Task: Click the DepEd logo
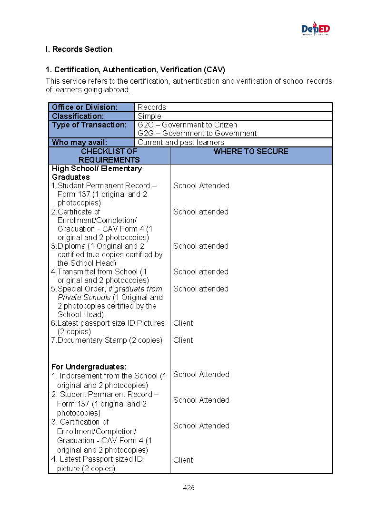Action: click(316, 29)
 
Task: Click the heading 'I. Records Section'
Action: click(79, 49)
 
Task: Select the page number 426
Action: click(189, 488)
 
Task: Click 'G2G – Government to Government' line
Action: click(197, 134)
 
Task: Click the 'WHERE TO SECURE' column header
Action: click(251, 152)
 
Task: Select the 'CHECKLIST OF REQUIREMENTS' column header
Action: click(109, 155)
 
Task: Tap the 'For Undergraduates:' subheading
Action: click(89, 367)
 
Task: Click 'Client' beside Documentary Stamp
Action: click(183, 340)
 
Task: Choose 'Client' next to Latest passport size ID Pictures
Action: click(183, 323)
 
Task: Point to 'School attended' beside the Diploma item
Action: click(201, 246)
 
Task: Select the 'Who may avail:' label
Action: click(80, 142)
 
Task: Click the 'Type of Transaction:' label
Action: click(89, 125)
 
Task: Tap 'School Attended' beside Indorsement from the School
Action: click(201, 375)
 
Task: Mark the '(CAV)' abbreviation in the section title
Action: click(215, 70)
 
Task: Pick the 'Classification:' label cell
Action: click(78, 116)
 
